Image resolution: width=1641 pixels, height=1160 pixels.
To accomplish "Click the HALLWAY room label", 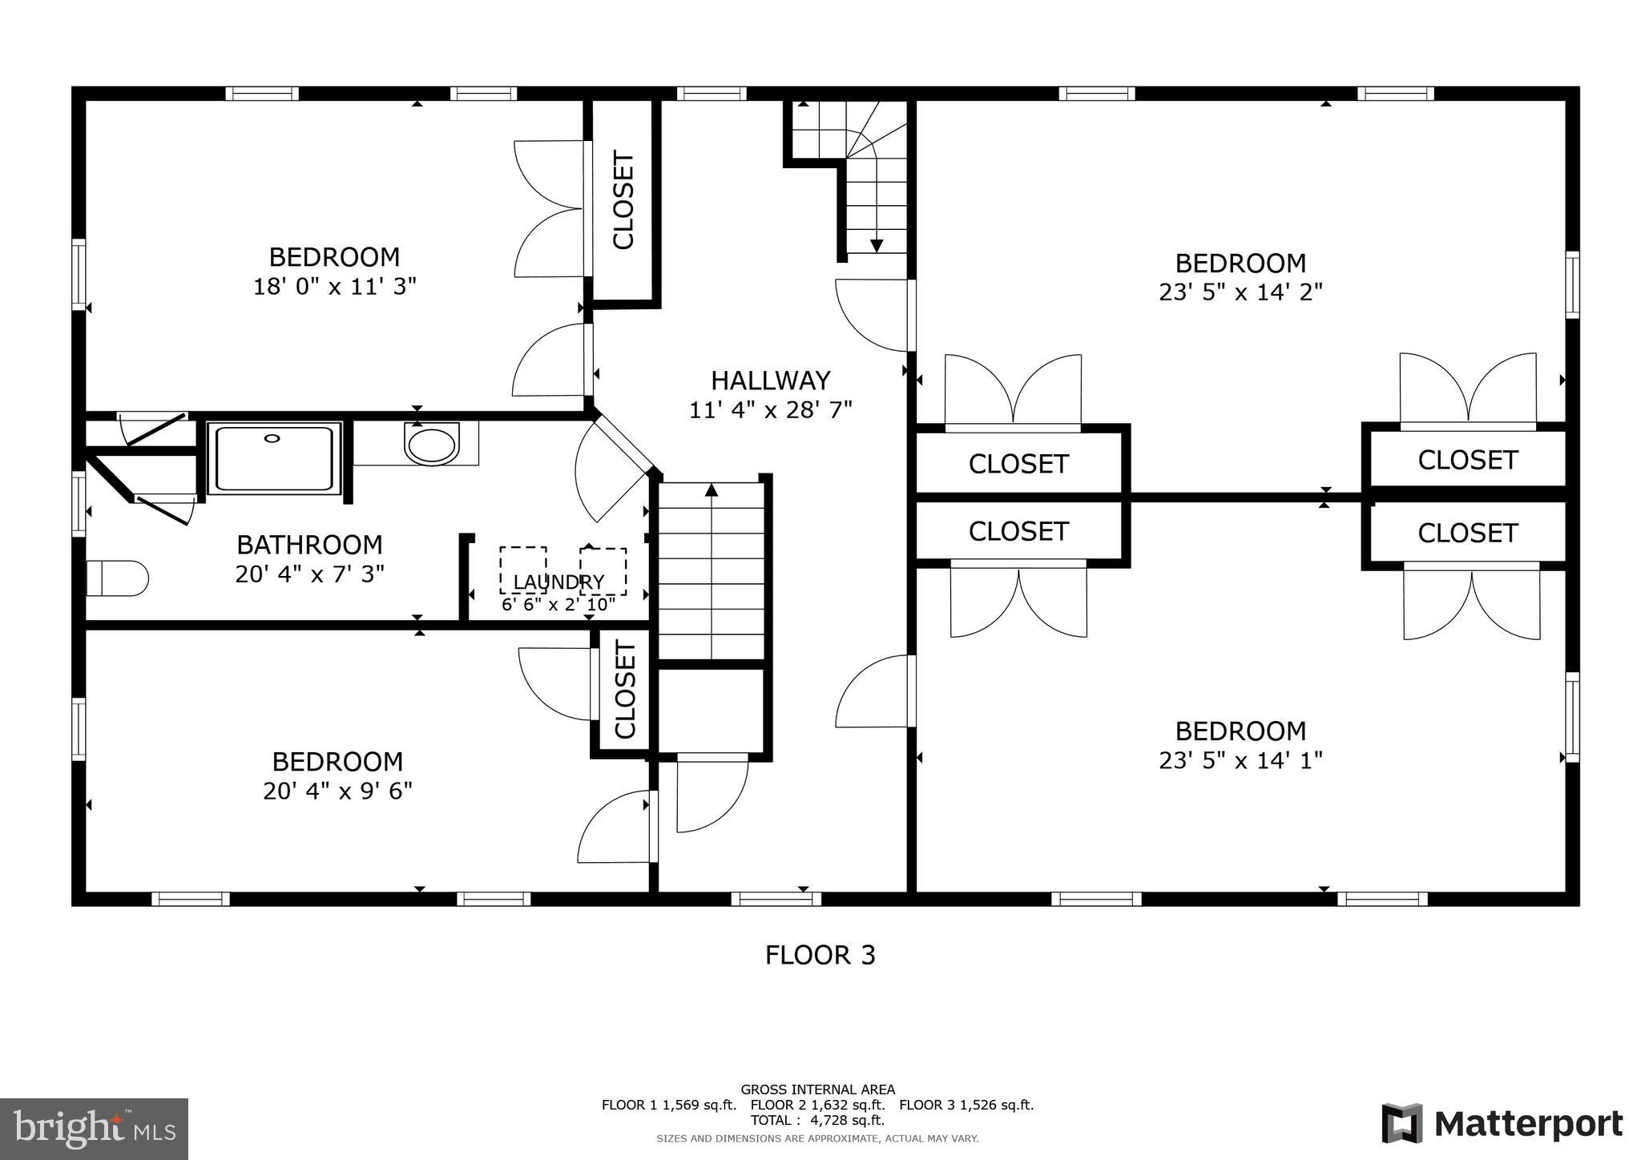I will coord(770,380).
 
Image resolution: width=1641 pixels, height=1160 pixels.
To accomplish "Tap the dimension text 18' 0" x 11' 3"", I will coord(335,287).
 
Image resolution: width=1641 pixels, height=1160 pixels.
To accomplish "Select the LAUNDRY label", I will coord(558,582).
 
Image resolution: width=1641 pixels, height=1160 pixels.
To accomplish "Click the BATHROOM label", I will coord(309,545).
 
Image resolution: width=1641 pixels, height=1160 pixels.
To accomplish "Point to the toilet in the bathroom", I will coord(117,578).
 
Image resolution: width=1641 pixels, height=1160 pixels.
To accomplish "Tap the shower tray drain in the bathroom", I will coord(272,438).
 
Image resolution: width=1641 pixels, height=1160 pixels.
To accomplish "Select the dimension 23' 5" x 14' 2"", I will coord(1240,292).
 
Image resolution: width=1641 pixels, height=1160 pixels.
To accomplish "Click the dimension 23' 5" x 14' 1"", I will coord(1240,760).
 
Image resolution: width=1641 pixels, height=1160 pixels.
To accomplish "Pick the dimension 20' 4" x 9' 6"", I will coord(337,791).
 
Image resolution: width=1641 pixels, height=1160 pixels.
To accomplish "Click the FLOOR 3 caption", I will coord(820,955).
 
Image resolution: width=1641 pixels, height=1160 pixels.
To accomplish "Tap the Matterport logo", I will coord(1502,1124).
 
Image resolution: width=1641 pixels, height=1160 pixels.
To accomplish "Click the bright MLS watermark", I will coord(94,1129).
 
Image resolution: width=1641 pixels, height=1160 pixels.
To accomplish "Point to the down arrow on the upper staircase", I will coord(876,244).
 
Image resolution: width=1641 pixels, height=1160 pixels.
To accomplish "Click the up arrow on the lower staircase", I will coord(711,490).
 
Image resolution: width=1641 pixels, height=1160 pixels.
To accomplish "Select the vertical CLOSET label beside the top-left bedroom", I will coord(623,200).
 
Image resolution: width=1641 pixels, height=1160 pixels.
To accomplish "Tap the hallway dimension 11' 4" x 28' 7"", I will coord(770,410).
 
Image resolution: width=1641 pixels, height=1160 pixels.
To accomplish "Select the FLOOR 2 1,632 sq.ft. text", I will coord(817,1105).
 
